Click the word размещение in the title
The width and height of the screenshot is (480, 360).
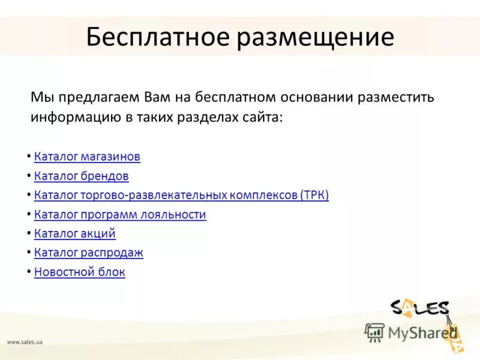pos(316,37)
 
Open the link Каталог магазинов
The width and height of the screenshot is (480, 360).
pos(87,157)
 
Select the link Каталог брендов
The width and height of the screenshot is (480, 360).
pos(82,176)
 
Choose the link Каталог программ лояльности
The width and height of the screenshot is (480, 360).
pos(120,214)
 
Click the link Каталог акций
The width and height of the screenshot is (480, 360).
pos(75,233)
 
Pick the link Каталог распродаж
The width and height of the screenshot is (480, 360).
pos(89,253)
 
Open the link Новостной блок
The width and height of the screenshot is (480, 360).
pos(80,272)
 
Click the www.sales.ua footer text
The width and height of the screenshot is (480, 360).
pos(25,342)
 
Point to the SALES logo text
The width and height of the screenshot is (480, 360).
pos(419,308)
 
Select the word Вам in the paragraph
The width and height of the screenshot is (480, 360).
pos(158,97)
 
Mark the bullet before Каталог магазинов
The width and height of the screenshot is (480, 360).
pos(29,157)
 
